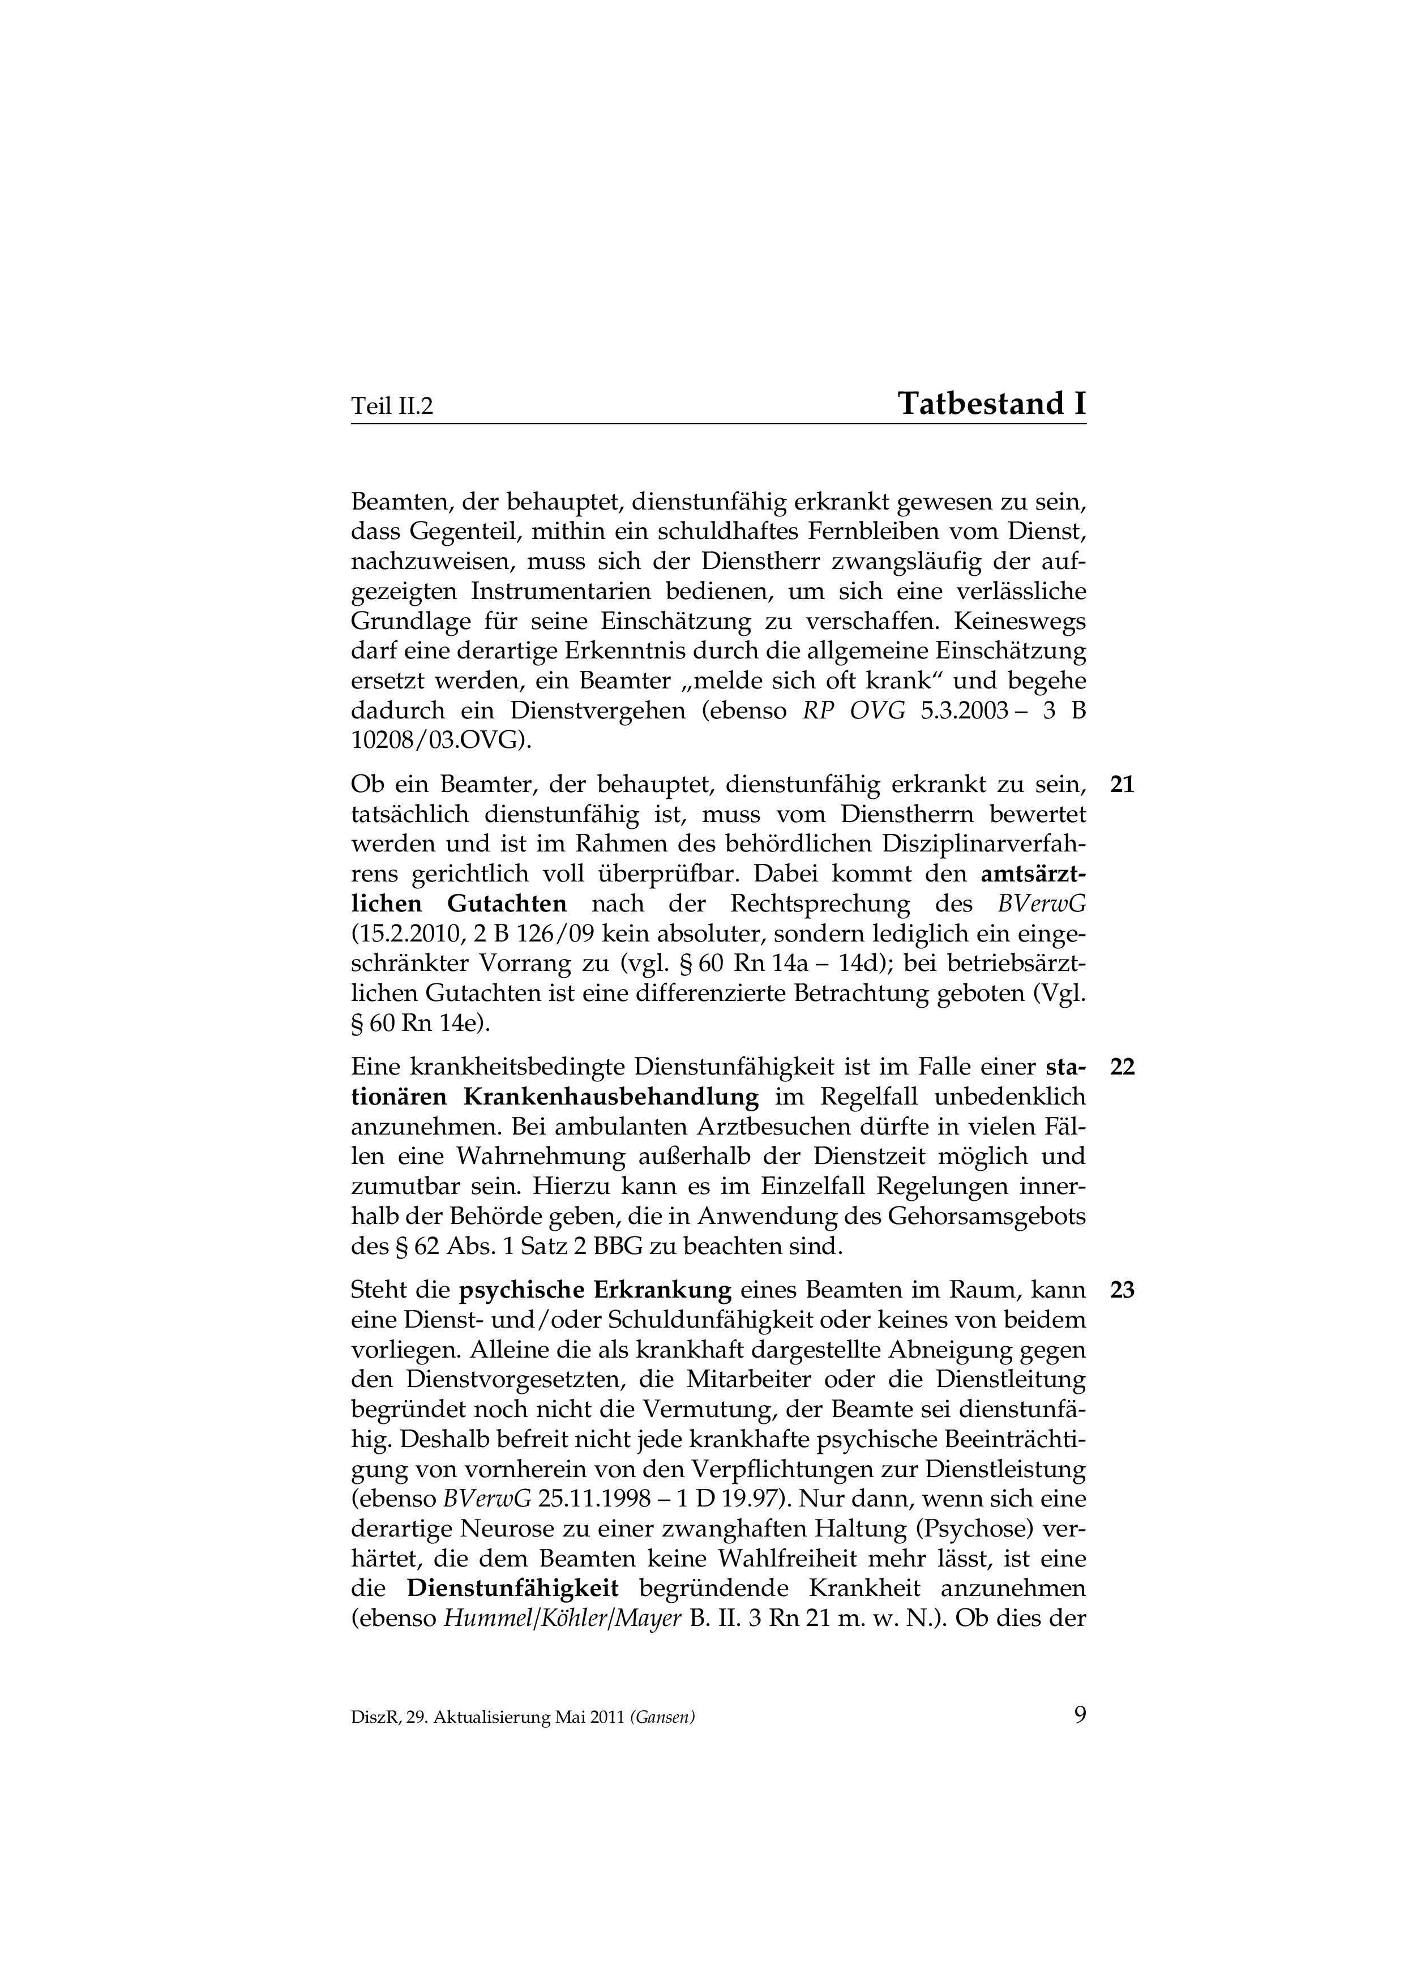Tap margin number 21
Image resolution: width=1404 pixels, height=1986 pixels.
pos(1122,785)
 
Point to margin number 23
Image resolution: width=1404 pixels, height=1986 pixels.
pos(1122,1291)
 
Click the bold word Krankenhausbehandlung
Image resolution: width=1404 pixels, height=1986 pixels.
pos(611,1098)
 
